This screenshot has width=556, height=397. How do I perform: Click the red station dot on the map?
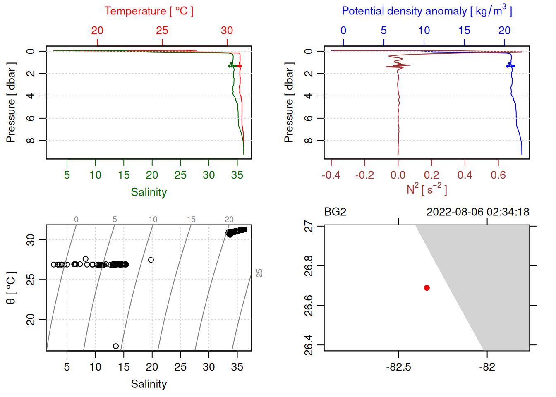427,288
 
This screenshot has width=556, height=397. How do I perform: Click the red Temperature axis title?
149,11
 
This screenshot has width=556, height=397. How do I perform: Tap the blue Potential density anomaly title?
427,11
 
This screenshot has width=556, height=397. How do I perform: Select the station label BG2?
335,212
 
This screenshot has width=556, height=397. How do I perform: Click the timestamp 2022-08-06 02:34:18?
478,212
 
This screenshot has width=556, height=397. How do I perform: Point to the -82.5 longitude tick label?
398,367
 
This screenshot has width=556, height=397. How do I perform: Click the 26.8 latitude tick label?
309,265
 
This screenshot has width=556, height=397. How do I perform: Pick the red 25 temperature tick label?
162,31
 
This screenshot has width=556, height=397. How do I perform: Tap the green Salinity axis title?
149,192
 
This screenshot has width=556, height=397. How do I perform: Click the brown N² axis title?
427,189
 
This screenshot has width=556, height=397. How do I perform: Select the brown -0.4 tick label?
331,175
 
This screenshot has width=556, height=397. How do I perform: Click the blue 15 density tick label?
464,31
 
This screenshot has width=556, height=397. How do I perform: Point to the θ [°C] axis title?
11,288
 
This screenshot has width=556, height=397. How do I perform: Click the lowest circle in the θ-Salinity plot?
116,346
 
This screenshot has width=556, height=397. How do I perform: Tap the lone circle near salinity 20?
151,260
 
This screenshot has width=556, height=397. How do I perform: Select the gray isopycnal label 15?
191,220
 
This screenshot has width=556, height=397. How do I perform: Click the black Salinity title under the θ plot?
149,384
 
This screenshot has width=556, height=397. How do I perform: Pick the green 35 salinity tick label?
237,175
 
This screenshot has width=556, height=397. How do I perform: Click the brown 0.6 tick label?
498,175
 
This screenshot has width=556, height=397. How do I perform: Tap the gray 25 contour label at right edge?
259,273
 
